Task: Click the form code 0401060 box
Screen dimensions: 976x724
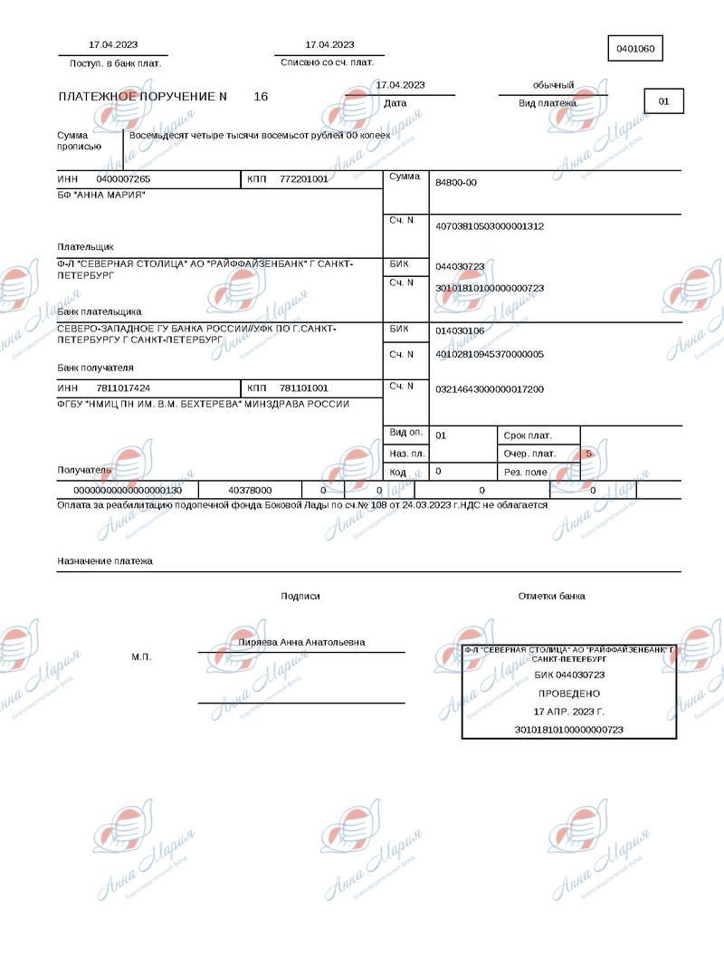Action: click(x=635, y=48)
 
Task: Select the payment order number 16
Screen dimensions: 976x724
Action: click(x=261, y=96)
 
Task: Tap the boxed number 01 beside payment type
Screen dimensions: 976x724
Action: click(x=663, y=101)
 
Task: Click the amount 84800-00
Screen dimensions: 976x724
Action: click(x=456, y=183)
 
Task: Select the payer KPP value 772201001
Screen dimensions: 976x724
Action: click(x=304, y=179)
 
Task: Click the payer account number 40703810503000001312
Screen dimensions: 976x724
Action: click(x=490, y=225)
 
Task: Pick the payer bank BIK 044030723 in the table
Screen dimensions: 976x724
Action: click(x=460, y=266)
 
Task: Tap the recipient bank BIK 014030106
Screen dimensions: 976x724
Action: click(x=460, y=330)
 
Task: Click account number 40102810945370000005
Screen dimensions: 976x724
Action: click(x=490, y=354)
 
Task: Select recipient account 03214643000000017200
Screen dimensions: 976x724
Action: click(x=490, y=388)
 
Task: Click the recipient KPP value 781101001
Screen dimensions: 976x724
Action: click(x=304, y=388)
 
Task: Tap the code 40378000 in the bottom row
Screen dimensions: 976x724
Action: click(x=250, y=490)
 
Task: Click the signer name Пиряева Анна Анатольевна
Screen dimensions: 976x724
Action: click(x=301, y=642)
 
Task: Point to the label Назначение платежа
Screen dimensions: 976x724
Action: click(x=105, y=561)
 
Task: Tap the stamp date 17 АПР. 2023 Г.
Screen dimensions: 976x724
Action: click(x=569, y=712)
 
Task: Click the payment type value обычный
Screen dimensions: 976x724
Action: click(x=553, y=85)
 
